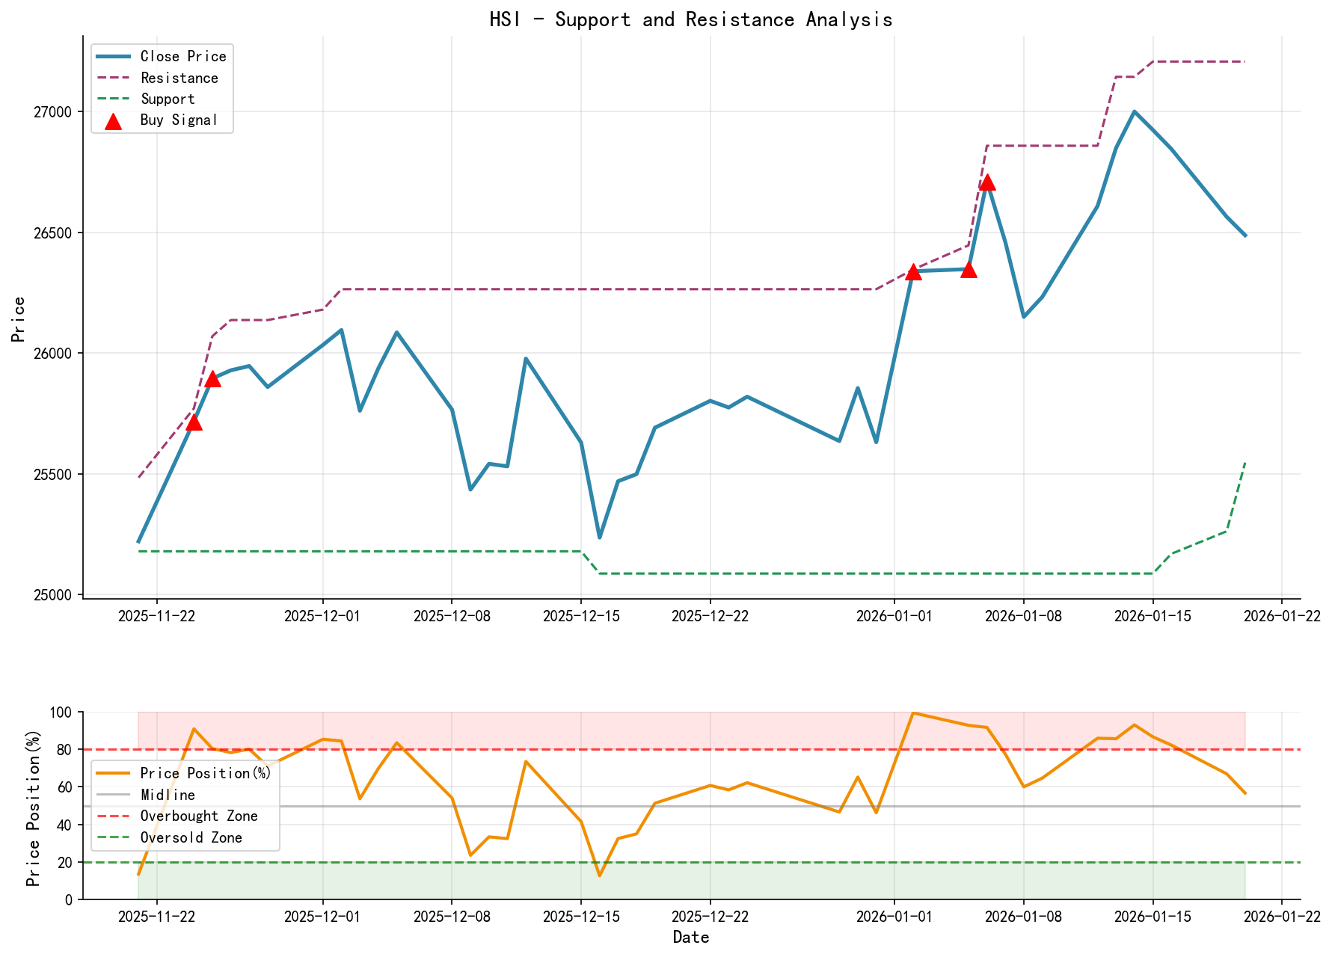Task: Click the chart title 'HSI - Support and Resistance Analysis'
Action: click(690, 19)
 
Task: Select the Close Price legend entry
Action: click(182, 57)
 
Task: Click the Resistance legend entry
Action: click(179, 78)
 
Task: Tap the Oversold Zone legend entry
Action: click(191, 838)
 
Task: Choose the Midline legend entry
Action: click(168, 795)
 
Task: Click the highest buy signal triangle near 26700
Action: click(987, 182)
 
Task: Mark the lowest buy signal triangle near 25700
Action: click(194, 422)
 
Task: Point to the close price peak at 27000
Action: click(1134, 111)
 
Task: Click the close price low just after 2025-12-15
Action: click(599, 538)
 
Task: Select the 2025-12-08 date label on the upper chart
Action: click(451, 616)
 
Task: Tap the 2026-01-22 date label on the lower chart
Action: click(1282, 917)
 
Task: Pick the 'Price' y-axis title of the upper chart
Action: click(19, 319)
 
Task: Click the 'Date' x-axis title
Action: click(690, 938)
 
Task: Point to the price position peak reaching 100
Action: click(913, 713)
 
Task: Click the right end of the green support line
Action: click(1245, 463)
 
